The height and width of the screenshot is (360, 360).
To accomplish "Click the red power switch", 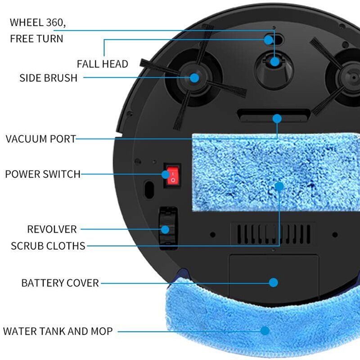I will point(172,175).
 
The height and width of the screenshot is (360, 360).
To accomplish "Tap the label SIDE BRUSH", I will point(48,78).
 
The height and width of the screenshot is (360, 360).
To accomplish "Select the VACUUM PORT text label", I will point(41,139).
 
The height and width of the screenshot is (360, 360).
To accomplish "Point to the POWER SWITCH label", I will point(43,174).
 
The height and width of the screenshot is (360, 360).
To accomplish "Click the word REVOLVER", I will point(52,229).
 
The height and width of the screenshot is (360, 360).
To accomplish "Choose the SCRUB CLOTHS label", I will point(48,246).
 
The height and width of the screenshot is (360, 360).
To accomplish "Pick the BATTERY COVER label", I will point(60,283).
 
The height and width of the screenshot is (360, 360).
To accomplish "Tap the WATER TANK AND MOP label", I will point(58,332).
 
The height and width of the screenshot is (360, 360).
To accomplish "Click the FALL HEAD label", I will point(102,64).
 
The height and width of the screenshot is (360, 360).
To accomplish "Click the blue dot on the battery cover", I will point(273,283).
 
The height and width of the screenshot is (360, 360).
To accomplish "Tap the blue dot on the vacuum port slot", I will point(277,119).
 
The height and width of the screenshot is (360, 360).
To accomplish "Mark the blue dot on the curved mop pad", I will point(265,331).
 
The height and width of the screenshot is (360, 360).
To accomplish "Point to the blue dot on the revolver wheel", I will point(166,229).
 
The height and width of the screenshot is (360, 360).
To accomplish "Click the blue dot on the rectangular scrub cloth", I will point(279,186).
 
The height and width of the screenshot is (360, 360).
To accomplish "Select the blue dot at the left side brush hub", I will point(194,78).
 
